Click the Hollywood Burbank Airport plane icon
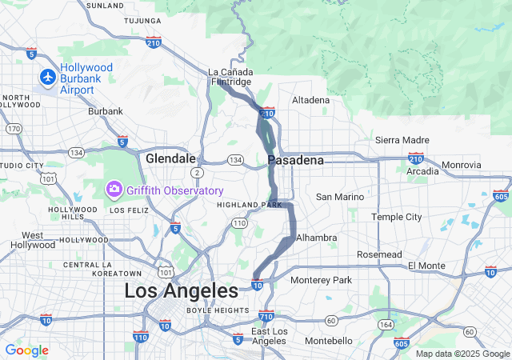(x=47, y=78)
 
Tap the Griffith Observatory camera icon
(x=114, y=190)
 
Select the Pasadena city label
(x=296, y=161)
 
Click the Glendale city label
(x=170, y=159)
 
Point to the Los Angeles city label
(x=181, y=291)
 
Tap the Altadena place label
(x=310, y=100)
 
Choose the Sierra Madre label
(x=402, y=140)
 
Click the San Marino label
(x=340, y=197)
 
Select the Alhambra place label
(x=316, y=238)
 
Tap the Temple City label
(x=396, y=217)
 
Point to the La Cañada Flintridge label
(x=230, y=77)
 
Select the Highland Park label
(x=250, y=205)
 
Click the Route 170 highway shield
(x=14, y=128)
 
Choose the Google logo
(x=26, y=350)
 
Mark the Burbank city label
(x=106, y=111)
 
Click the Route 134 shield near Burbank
(x=76, y=152)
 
